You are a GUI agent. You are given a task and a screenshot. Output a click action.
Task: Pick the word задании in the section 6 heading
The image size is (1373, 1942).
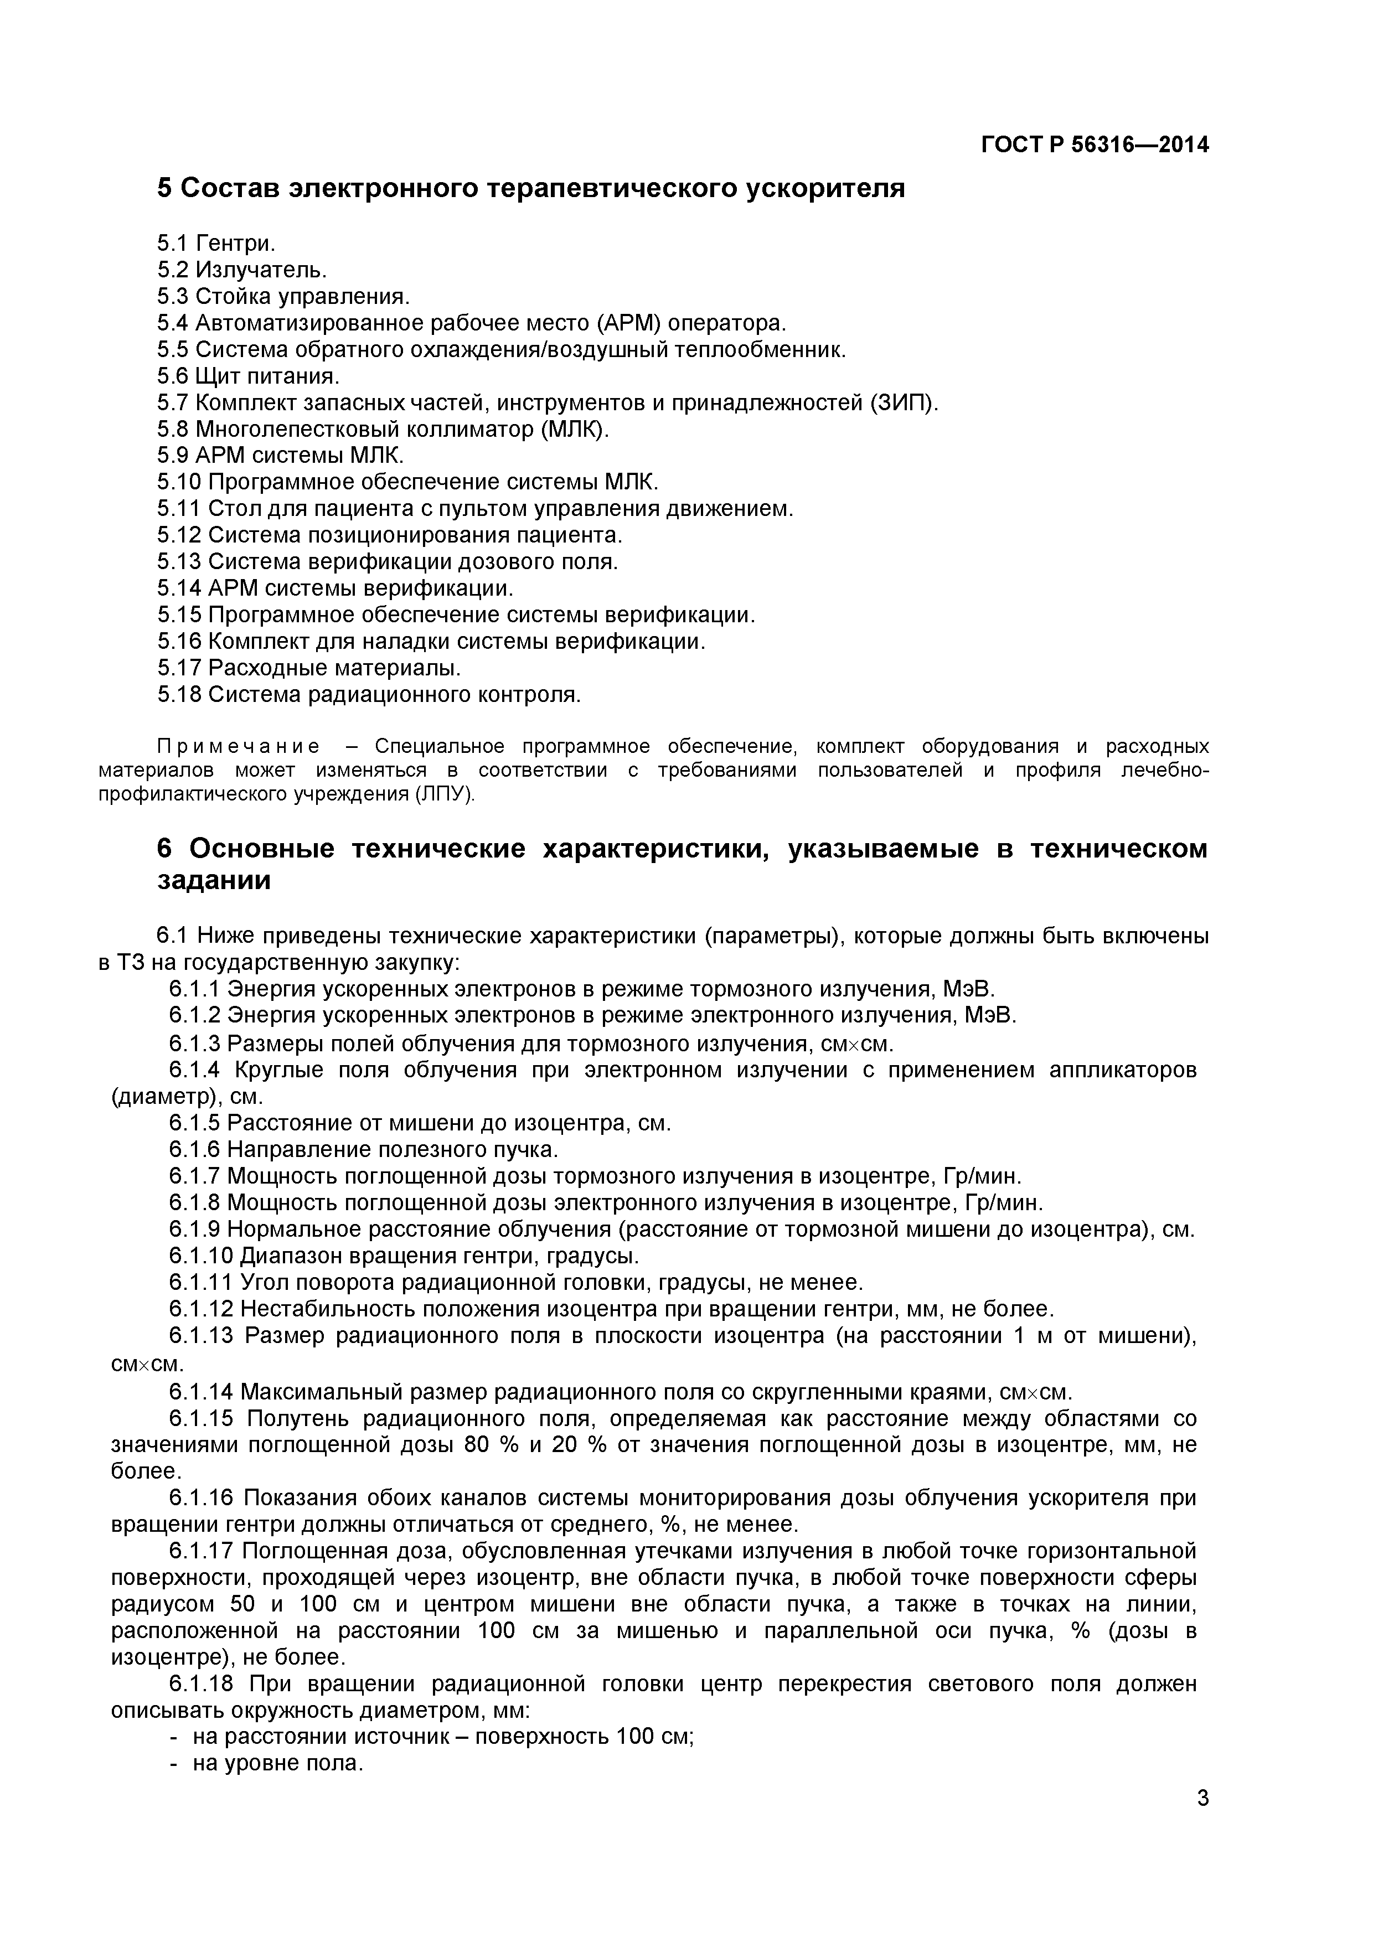click(x=214, y=881)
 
